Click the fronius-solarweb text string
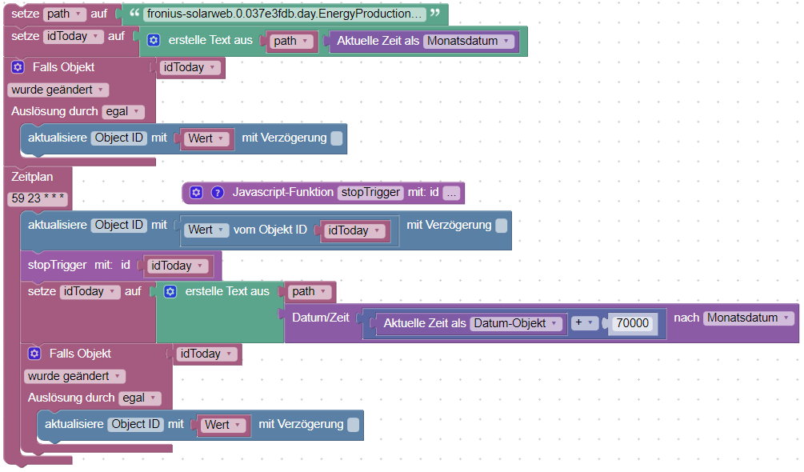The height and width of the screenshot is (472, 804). pos(285,14)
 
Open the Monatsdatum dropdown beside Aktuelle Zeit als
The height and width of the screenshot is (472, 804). pos(469,41)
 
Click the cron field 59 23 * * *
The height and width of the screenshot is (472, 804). pos(37,197)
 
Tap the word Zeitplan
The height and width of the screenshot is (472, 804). pos(32,175)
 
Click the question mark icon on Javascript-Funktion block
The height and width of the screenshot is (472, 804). pos(217,192)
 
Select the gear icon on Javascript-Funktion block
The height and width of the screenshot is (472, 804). pos(196,192)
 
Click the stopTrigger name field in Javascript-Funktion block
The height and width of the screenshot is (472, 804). pos(370,192)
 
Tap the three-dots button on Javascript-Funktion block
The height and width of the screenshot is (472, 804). pos(452,193)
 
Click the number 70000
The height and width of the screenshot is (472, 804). pos(632,323)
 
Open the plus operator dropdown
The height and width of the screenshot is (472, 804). pos(585,323)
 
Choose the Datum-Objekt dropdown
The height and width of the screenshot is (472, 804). pos(518,323)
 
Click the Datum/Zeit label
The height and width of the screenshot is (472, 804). pos(321,318)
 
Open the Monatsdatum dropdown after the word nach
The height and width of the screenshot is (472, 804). pos(749,318)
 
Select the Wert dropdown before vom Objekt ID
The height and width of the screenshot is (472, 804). pos(206,230)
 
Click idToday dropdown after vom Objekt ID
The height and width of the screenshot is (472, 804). pos(353,230)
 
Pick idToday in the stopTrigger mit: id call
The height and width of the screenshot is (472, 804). pos(177,266)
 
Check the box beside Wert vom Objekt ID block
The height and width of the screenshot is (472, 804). pos(501,226)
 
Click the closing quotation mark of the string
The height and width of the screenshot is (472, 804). pos(435,14)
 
